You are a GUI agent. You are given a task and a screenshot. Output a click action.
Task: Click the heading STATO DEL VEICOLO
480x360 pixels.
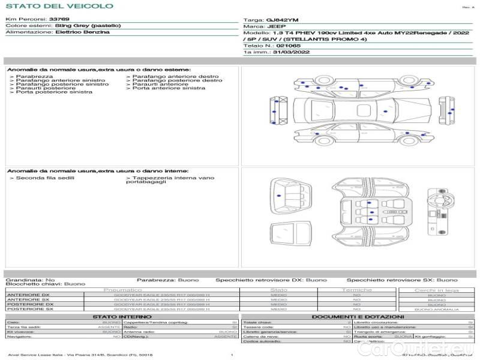[59, 6]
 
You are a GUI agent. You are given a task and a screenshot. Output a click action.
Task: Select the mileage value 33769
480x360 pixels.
[59, 20]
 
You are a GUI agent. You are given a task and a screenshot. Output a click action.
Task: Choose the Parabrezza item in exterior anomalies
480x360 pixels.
[34, 77]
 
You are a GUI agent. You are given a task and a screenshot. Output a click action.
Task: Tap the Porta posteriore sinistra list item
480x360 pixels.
[54, 92]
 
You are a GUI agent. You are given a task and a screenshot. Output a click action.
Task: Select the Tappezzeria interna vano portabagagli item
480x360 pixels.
[170, 180]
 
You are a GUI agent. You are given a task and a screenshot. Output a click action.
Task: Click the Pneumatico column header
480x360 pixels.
[122, 290]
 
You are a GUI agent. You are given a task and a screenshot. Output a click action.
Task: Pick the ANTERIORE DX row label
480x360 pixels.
[28, 295]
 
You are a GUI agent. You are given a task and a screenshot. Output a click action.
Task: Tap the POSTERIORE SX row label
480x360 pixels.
[29, 310]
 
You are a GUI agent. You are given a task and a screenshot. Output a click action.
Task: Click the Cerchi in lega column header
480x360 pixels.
[436, 290]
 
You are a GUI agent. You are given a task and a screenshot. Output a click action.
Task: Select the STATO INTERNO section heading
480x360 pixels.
[122, 316]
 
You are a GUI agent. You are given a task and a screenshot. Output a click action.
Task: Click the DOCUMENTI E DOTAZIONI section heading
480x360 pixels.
[358, 316]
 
